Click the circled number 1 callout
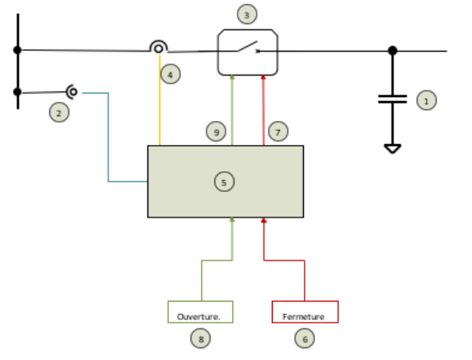pos(427,100)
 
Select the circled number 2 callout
pos(59,112)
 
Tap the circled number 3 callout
pos(247,14)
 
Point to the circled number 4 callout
pos(171,74)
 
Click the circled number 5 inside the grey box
pos(224,182)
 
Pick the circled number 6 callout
pos(305,338)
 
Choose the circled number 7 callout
pos(277,131)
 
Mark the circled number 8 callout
pos(200,338)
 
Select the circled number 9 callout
pos(216,131)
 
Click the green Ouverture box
pos(200,312)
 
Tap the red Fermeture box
pos(305,312)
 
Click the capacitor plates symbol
pos(392,99)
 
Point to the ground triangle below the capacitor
pos(392,149)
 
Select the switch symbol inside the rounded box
pos(248,47)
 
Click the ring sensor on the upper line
pos(159,48)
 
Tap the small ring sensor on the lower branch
pos(73,92)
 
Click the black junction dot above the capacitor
pos(392,50)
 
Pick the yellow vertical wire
pos(159,100)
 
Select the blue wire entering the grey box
pos(108,137)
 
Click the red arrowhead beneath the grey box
pos(264,221)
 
